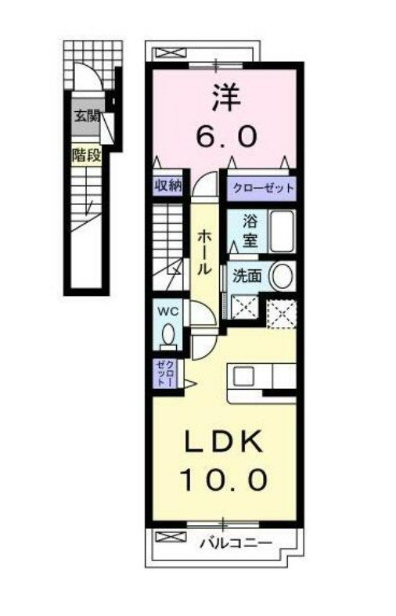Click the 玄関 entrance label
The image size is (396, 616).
point(86,117)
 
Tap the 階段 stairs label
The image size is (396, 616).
point(86,156)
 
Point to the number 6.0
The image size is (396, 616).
point(227,136)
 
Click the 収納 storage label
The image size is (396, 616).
point(167,185)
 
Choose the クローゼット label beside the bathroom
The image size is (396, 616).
point(263,188)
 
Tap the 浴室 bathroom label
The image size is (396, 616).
point(249,231)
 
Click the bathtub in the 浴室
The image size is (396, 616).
point(282,232)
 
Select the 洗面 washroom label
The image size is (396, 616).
point(247,276)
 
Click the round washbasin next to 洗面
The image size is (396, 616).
point(282,276)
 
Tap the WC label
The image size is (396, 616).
point(167,312)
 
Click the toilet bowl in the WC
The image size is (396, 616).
point(168,334)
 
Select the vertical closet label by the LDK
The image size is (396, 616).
point(164,373)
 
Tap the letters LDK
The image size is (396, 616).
point(223,441)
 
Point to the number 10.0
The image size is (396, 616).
point(224,479)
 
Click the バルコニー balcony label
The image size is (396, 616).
point(236,543)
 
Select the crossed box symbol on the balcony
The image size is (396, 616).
point(171,536)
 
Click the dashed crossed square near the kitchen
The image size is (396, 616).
point(281,314)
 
